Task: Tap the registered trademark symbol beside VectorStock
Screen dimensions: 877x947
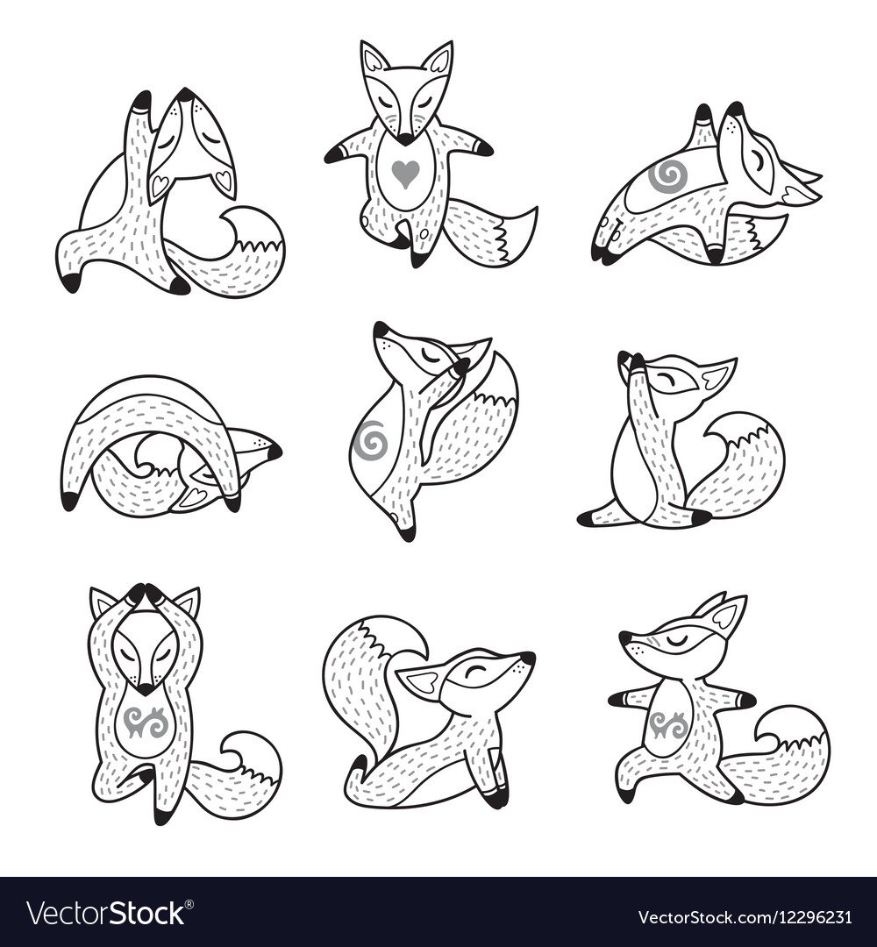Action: (189, 903)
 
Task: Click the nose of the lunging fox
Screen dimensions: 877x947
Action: (625, 637)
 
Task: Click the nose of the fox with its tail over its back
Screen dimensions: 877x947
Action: (529, 658)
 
